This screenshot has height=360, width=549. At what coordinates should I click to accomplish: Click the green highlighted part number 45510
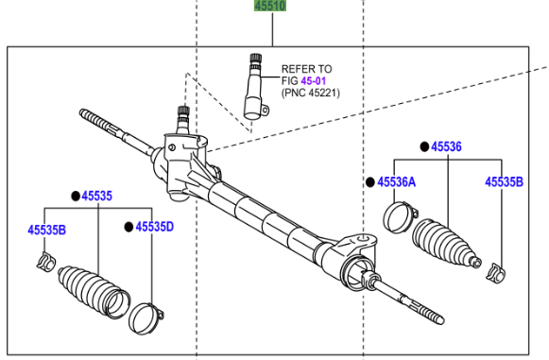[x=270, y=6]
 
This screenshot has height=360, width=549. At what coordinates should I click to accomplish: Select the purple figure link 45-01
[x=314, y=81]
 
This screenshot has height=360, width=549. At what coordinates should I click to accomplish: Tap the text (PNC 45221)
[x=311, y=93]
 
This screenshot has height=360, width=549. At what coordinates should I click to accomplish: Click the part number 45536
[x=446, y=146]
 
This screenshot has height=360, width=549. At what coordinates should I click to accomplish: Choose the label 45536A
[x=397, y=182]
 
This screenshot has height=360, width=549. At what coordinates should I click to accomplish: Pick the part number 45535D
[x=155, y=227]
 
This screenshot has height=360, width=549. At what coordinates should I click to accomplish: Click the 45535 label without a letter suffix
[x=97, y=197]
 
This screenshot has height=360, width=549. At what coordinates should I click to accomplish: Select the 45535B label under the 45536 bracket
[x=505, y=182]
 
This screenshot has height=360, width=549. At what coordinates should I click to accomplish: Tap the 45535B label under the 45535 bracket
[x=47, y=230]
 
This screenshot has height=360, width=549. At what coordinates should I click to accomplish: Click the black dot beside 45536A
[x=370, y=182]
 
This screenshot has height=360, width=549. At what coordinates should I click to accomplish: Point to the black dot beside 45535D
[x=129, y=227]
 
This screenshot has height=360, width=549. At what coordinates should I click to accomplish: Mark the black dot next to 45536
[x=424, y=146]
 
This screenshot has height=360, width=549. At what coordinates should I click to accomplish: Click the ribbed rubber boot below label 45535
[x=94, y=292]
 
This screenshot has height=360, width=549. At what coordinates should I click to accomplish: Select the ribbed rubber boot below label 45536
[x=445, y=244]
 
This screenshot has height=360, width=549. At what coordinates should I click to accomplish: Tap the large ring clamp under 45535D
[x=146, y=318]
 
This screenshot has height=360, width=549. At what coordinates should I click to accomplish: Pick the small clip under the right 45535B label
[x=496, y=272]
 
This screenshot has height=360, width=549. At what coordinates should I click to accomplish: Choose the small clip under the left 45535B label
[x=46, y=262]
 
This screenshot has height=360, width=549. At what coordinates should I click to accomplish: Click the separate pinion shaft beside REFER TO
[x=254, y=87]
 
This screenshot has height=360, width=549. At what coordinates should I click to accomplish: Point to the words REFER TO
[x=307, y=69]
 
